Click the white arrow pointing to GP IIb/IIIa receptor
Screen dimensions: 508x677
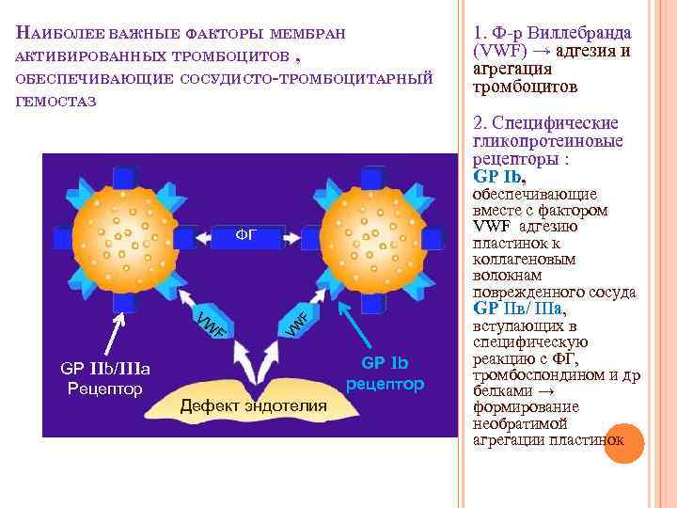pyautogui.click(x=112, y=331)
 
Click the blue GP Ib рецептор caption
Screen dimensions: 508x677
pyautogui.click(x=386, y=373)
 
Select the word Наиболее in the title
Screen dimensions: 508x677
pyautogui.click(x=58, y=34)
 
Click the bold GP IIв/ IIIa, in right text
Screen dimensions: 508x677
pyautogui.click(x=521, y=309)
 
